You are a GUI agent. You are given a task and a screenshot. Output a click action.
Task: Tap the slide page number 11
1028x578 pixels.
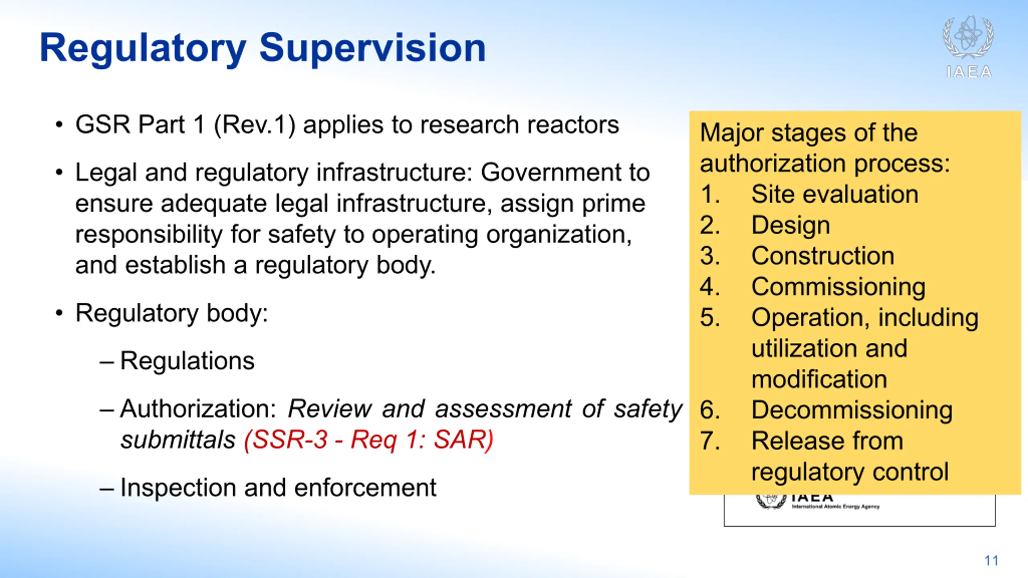point(991,560)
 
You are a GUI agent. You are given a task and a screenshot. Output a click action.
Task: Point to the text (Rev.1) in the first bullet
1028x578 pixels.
point(255,125)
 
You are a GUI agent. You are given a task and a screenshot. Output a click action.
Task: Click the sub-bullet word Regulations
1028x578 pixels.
point(187,360)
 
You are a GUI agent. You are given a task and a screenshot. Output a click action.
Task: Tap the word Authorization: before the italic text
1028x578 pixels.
point(198,409)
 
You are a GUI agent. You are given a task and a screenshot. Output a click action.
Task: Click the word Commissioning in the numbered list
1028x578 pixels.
point(838,287)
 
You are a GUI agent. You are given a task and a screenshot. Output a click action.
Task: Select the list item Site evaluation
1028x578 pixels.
point(835,194)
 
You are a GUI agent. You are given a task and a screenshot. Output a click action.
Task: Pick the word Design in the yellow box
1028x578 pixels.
point(791,226)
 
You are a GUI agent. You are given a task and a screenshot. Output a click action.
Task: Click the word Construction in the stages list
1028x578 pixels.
point(823,256)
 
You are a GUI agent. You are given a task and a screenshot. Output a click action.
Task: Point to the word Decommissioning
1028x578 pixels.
point(852,410)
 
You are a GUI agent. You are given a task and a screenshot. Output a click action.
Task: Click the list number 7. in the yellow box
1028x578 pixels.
point(710,441)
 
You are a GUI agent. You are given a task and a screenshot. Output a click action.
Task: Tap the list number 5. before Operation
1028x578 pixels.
point(710,317)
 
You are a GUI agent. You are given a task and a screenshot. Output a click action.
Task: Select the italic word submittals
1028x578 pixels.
point(178,440)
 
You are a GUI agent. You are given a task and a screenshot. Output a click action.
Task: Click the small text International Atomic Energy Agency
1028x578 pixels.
point(836,507)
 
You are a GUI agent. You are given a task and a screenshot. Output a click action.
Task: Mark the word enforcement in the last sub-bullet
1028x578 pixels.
point(365,488)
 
